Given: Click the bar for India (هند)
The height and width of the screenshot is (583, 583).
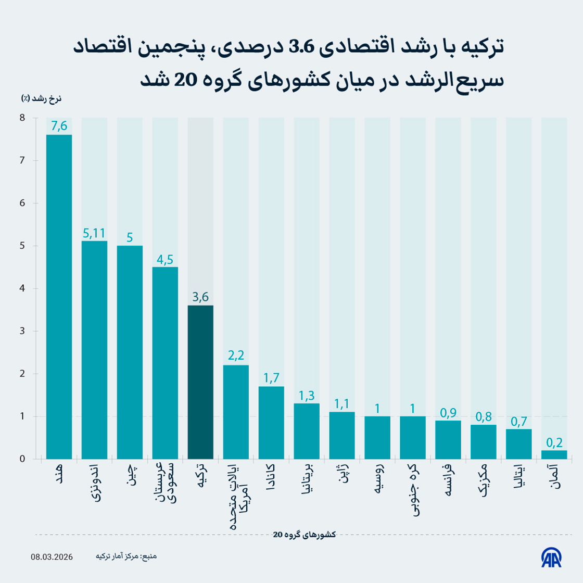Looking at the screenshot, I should (x=59, y=297).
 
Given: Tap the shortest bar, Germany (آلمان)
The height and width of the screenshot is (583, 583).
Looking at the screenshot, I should (x=554, y=454).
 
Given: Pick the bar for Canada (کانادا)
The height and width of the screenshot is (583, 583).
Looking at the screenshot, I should (x=271, y=422).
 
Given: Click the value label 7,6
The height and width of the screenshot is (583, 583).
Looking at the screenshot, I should (x=59, y=126).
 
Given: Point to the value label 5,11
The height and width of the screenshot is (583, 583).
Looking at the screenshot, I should (x=94, y=233).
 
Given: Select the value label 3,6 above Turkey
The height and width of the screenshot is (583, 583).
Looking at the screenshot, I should (x=200, y=297).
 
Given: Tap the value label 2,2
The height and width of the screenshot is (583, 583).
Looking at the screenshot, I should (x=236, y=356).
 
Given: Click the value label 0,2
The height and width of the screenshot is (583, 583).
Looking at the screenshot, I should (x=554, y=442).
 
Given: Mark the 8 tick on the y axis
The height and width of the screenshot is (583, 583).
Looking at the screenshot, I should (x=22, y=118).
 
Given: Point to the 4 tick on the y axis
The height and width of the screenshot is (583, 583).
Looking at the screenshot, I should (x=22, y=288).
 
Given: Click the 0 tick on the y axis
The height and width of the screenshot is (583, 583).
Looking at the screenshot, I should (x=22, y=459).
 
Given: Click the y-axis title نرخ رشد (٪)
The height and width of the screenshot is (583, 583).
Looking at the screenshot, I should (x=42, y=98).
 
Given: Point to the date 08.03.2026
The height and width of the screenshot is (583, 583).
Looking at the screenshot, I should (x=52, y=556).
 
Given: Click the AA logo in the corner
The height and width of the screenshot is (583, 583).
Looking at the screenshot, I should (x=551, y=557).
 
